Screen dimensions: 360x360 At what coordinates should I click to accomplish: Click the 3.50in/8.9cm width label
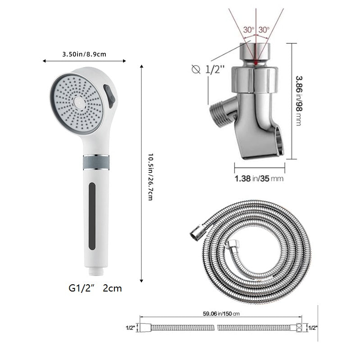pyautogui.click(x=84, y=54)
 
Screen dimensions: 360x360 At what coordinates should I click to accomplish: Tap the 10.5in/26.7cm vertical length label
pyautogui.click(x=150, y=177)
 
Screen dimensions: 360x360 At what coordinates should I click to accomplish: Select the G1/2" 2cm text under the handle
pyautogui.click(x=95, y=288)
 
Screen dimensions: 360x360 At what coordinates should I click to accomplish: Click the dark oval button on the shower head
pyautogui.click(x=109, y=96)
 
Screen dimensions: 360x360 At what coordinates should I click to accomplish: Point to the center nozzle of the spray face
pyautogui.click(x=79, y=102)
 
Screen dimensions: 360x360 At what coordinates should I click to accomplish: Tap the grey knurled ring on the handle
pyautogui.click(x=96, y=162)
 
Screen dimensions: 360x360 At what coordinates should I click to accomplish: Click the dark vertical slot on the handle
pyautogui.click(x=92, y=216)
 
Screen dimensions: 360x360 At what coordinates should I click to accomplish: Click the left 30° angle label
pyautogui.click(x=249, y=30)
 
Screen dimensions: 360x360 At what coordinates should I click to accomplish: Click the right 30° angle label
pyautogui.click(x=264, y=30)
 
